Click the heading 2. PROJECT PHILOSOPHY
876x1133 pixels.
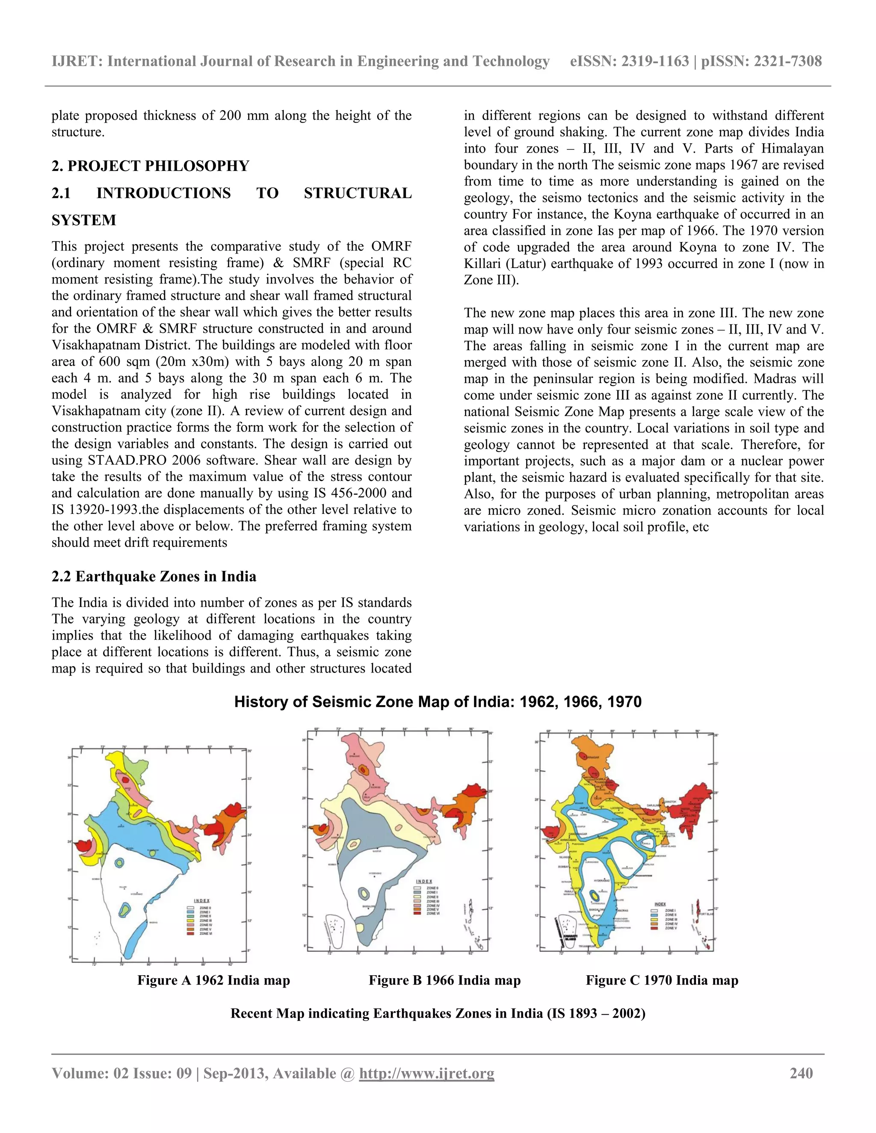151,166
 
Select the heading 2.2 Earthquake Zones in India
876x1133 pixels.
154,576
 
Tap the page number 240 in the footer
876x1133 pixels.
801,1073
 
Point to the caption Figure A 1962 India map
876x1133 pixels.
213,980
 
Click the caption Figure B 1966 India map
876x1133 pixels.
444,980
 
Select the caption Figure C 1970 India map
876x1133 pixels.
662,980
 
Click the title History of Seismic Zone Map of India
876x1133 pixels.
438,702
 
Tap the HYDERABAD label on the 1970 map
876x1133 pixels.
602,881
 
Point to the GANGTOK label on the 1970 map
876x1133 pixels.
669,802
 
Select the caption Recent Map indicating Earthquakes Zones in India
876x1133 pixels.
438,1013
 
